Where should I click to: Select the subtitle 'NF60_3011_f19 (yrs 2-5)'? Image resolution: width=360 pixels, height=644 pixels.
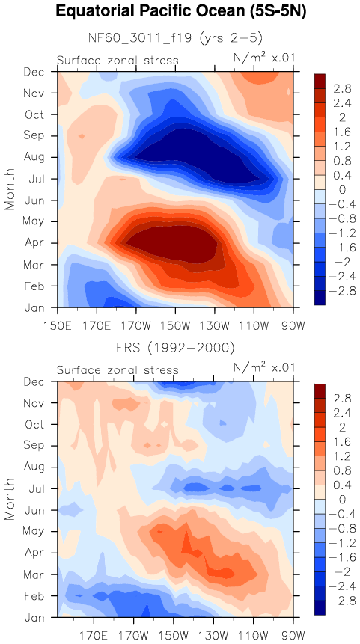[x=175, y=38]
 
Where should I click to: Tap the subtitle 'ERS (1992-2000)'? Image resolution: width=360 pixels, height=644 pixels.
[x=175, y=349]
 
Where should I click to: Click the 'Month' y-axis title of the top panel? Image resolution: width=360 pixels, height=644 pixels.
[x=10, y=189]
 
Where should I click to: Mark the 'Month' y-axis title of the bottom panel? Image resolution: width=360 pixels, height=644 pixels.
[x=10, y=500]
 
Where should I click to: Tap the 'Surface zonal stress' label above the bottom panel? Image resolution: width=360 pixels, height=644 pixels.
[x=118, y=370]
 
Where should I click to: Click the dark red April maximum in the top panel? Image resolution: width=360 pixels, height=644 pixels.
[x=173, y=245]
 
